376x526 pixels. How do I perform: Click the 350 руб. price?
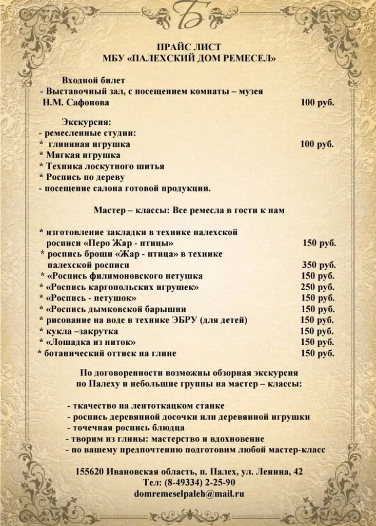(x=319, y=265)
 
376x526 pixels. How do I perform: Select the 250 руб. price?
(x=317, y=287)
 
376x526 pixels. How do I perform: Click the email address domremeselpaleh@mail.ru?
(x=188, y=494)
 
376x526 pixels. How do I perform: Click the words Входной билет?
(x=93, y=80)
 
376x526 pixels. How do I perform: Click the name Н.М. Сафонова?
(x=76, y=103)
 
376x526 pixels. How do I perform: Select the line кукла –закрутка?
(x=82, y=331)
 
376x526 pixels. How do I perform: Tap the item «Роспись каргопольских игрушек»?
(x=122, y=287)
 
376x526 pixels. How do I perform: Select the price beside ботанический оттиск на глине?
(x=317, y=353)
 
